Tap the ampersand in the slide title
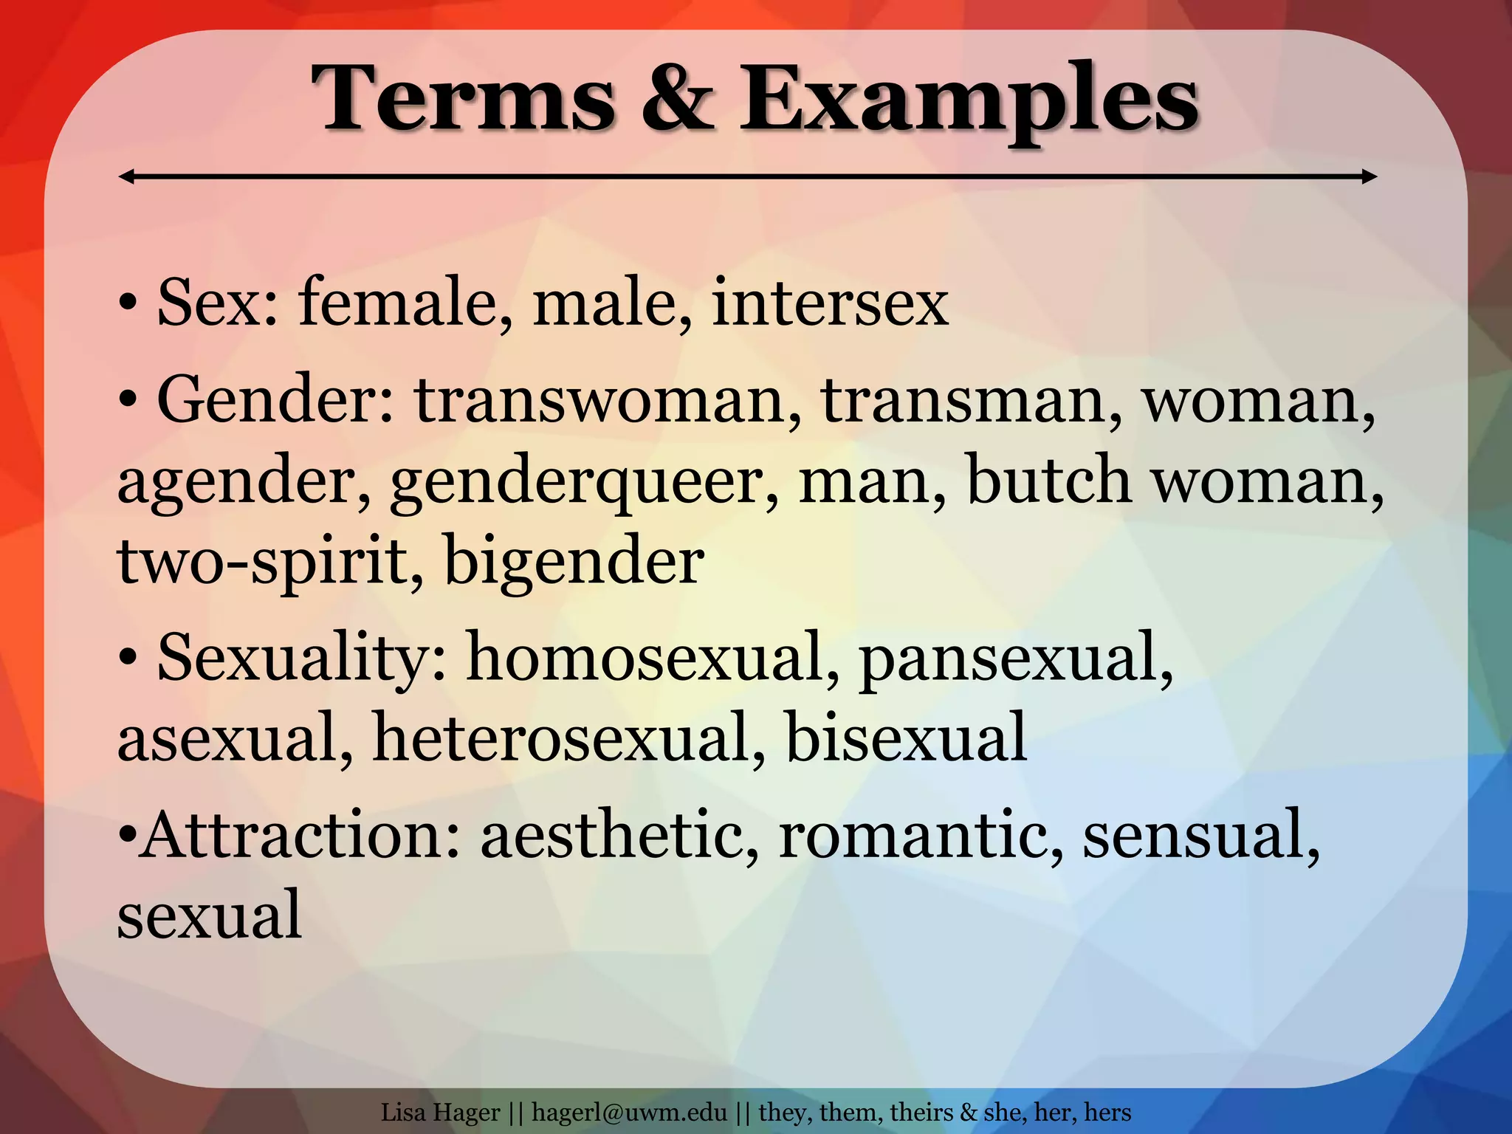(x=676, y=100)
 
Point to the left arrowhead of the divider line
(x=126, y=176)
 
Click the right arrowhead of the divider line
(x=1370, y=176)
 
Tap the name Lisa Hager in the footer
(x=441, y=1112)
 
